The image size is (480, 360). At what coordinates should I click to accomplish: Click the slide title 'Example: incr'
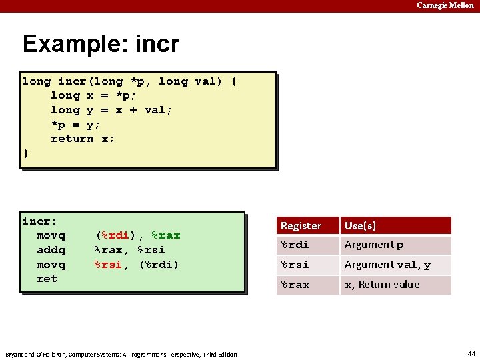101,44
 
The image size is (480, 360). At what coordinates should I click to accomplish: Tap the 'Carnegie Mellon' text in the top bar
445,5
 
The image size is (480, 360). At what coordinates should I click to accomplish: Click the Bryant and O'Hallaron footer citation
121,354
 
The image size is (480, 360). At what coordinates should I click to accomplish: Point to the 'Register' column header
301,226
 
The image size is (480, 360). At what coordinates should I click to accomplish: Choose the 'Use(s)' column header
360,226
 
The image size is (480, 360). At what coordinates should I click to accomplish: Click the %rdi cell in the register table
295,245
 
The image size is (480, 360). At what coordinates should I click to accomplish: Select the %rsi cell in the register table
295,265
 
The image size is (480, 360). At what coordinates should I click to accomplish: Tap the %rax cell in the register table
295,285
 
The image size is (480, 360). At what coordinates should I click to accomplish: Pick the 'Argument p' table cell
373,245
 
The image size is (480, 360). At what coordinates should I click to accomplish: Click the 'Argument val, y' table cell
387,265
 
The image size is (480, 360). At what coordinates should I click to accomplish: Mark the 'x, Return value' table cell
382,285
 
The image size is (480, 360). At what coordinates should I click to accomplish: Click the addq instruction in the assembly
51,250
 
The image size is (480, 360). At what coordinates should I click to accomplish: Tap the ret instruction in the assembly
47,279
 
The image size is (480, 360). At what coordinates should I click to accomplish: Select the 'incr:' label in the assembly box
40,221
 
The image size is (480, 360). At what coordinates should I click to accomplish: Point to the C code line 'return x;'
83,139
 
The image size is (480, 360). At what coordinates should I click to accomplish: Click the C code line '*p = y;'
75,125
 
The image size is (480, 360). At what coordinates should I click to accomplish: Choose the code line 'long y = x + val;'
111,110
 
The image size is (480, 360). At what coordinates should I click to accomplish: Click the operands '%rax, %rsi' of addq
129,250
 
